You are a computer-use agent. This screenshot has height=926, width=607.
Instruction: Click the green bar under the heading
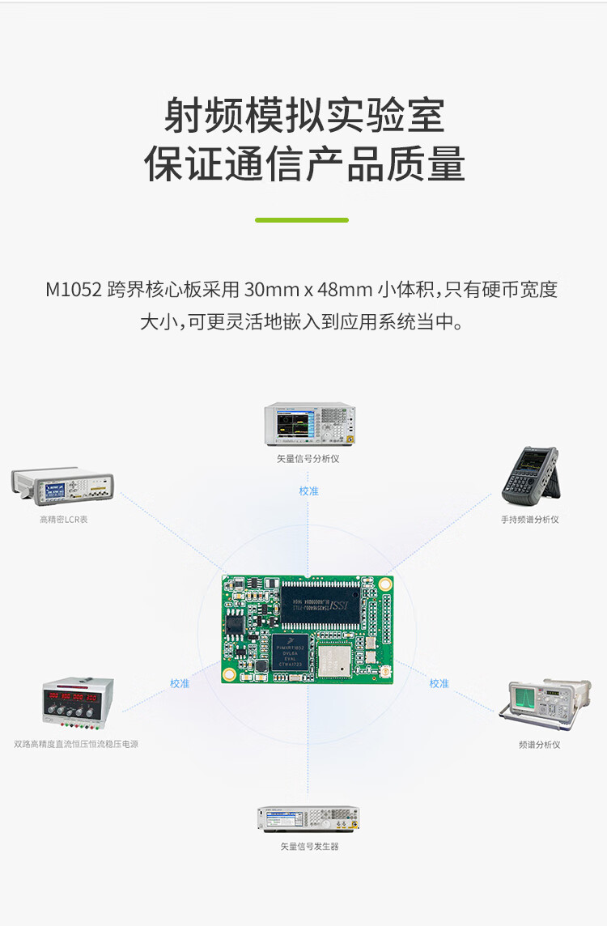tap(302, 219)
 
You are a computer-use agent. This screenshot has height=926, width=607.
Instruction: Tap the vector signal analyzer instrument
tap(310, 424)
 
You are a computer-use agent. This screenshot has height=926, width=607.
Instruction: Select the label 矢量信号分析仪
tap(308, 459)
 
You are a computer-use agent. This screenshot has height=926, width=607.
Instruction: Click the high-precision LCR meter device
tap(62, 484)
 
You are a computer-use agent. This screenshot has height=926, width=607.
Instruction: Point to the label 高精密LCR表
tap(63, 520)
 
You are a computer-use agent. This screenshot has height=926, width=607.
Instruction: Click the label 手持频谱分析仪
tap(530, 520)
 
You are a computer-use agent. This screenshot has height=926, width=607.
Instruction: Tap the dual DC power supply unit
tap(77, 702)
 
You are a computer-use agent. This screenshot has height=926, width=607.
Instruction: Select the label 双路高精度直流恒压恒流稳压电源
tap(76, 744)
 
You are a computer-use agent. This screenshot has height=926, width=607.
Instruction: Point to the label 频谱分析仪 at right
tap(539, 745)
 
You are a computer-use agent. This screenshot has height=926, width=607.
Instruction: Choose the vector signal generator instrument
tap(308, 818)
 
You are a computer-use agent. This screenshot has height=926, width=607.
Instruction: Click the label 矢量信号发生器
tap(309, 847)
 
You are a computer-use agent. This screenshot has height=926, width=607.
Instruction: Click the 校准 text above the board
tap(308, 491)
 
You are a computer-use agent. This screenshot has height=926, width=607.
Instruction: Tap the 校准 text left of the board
tap(180, 683)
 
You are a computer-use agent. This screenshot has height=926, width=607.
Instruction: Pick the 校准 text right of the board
tap(439, 683)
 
